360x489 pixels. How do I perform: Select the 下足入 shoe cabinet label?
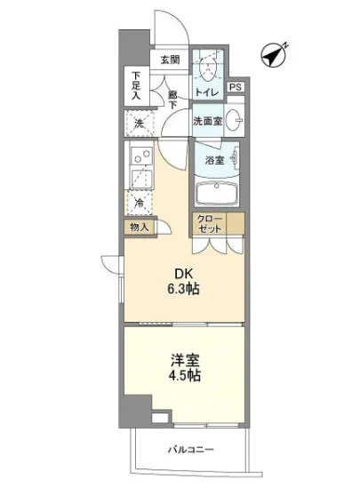[137, 84]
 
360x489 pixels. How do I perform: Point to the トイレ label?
[207, 92]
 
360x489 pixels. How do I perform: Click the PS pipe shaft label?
[236, 88]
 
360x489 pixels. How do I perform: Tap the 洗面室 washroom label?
[207, 121]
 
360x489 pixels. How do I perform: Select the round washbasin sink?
[236, 121]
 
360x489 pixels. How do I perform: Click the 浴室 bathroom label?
[214, 161]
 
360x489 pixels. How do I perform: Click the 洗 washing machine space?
[140, 124]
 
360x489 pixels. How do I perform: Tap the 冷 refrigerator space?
[140, 203]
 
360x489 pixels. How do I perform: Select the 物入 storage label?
[140, 227]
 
